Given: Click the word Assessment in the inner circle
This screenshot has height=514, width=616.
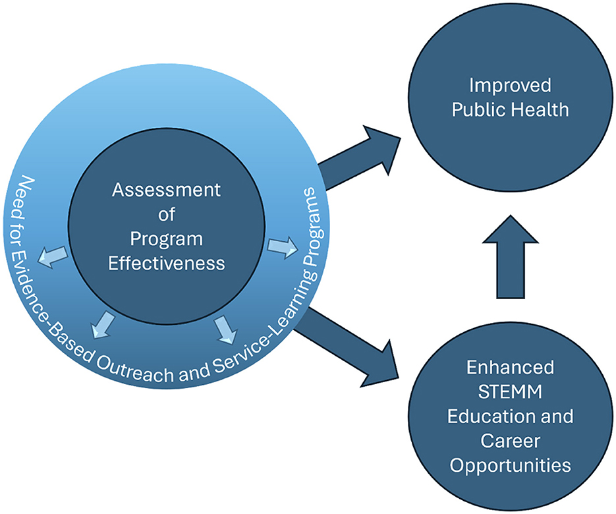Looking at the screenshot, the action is [165, 190].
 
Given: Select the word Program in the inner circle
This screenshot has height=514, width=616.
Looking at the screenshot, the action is [166, 239].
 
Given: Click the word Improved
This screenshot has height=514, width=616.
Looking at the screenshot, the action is [510, 86].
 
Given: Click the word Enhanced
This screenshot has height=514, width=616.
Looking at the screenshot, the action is [510, 367].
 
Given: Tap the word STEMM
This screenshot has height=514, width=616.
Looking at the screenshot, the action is [510, 391].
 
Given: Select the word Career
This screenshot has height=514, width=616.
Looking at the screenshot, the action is [510, 441].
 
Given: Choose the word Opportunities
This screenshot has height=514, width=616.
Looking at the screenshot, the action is [510, 465].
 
